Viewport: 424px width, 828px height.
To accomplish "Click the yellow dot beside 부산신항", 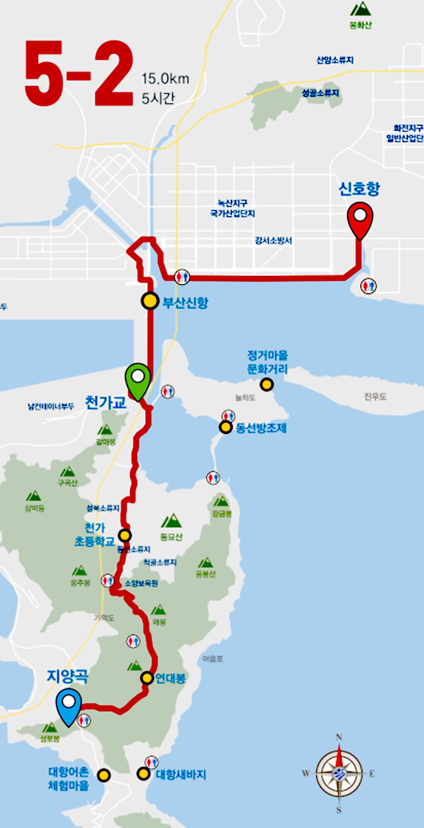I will click(150, 301).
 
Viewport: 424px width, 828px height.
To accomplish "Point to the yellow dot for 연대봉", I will click(147, 678).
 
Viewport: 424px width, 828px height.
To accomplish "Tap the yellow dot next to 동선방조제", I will click(225, 427).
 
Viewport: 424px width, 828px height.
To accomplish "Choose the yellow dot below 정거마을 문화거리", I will click(266, 384).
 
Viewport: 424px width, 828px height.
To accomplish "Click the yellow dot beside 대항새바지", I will click(143, 773).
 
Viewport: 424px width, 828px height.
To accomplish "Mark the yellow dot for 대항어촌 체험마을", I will click(104, 775).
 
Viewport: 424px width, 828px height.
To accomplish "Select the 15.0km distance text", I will click(165, 79).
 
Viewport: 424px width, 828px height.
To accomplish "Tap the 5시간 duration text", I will click(158, 98).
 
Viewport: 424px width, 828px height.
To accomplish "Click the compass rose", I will click(339, 773).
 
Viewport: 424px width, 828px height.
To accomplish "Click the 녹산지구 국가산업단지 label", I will click(232, 208).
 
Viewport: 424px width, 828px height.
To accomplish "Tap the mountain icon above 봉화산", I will click(360, 9).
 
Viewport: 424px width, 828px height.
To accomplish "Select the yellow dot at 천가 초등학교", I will click(125, 535).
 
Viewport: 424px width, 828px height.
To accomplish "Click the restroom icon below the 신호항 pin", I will click(368, 286).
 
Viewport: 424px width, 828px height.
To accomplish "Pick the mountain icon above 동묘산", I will click(171, 521).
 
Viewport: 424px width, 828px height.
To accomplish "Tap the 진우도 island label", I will click(375, 397).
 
